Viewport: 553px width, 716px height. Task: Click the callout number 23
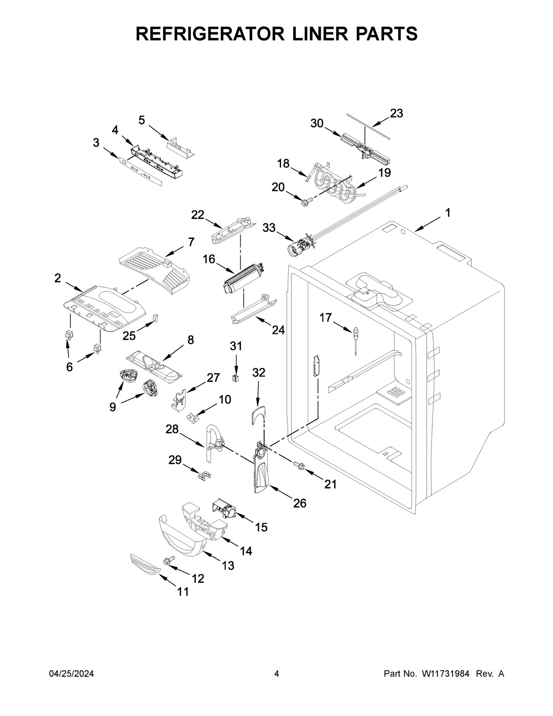click(x=396, y=113)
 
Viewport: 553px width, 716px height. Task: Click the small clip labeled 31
click(x=236, y=379)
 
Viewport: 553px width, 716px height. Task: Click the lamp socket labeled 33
click(x=298, y=247)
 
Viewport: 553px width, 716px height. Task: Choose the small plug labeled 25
click(x=155, y=318)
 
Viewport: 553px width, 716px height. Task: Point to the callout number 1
click(x=447, y=213)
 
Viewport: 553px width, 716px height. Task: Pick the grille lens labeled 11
click(x=144, y=564)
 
